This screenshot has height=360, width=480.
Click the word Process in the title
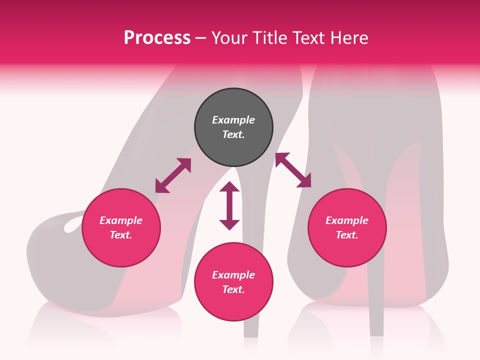pyautogui.click(x=157, y=38)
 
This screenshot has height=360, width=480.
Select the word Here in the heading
pyautogui.click(x=349, y=38)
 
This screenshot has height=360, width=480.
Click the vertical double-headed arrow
pyautogui.click(x=229, y=205)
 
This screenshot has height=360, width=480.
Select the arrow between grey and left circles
pyautogui.click(x=173, y=175)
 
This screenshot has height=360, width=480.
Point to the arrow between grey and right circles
pyautogui.click(x=293, y=170)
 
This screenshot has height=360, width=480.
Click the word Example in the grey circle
pyautogui.click(x=233, y=120)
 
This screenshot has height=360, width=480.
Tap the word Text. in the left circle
pyautogui.click(x=121, y=235)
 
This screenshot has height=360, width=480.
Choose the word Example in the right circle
pyautogui.click(x=347, y=220)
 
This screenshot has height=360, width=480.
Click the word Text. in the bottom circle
pyautogui.click(x=233, y=289)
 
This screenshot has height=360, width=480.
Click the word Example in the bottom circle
pyautogui.click(x=233, y=275)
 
